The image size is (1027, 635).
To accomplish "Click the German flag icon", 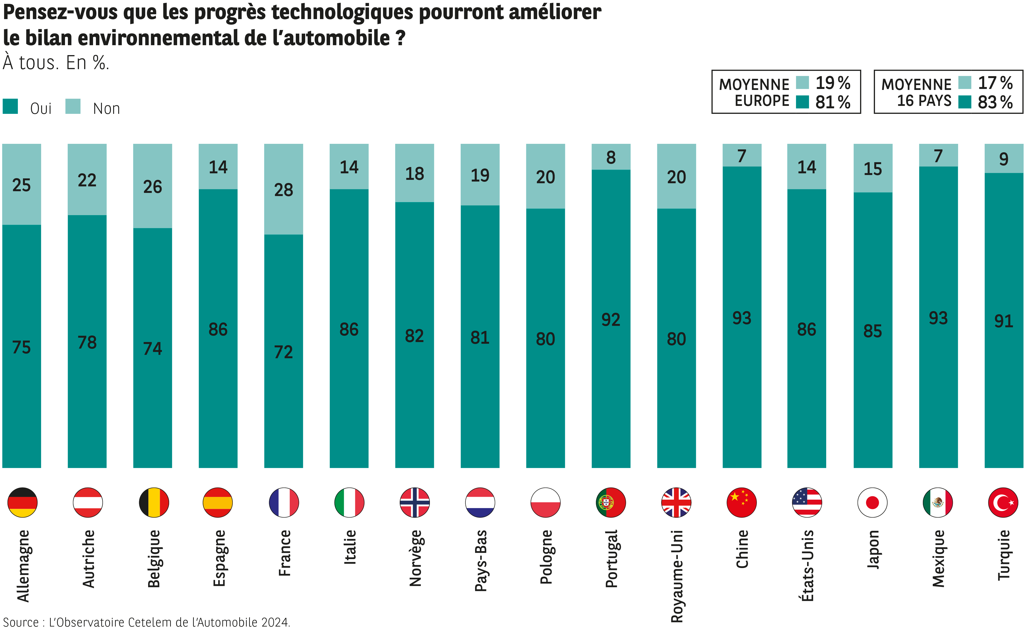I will pos(22,502).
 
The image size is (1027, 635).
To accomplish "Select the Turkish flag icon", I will pos(1003,502).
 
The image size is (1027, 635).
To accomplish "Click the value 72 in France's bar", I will pos(283,352).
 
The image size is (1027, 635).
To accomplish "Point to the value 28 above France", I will pos(283,190).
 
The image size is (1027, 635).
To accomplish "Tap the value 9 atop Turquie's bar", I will pos(1004,159).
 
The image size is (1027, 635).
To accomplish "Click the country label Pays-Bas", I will pos(480,561).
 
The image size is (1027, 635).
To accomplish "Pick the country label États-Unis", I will pos(807,566).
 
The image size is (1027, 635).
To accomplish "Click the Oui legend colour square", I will pos(10,106).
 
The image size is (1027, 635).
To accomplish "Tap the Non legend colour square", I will pos(73,106).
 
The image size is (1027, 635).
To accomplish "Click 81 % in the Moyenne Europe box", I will pos(833,102).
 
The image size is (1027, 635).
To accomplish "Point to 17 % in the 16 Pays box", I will pos(995,83).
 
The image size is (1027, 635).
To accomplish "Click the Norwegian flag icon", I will pos(414,502).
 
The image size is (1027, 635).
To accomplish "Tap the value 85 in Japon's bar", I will pos(873,331).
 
